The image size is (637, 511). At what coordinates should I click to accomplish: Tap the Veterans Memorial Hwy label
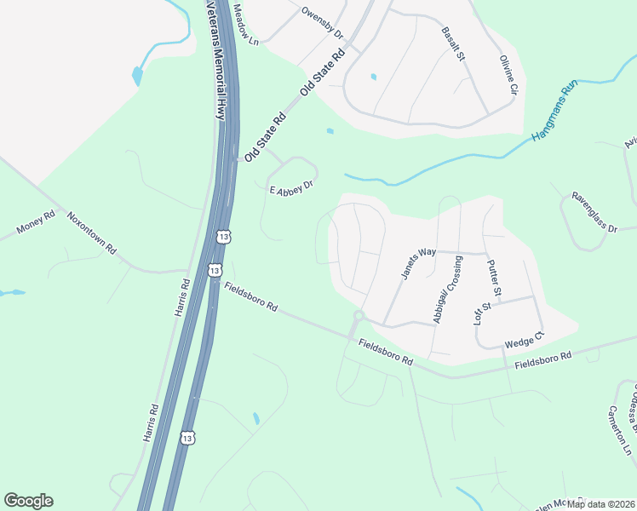click(219, 60)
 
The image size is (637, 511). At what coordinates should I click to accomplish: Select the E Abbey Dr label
click(292, 186)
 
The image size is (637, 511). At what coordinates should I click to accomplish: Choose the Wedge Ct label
click(524, 342)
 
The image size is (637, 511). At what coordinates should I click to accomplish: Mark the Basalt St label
click(453, 44)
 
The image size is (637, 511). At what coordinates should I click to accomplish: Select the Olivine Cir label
click(508, 72)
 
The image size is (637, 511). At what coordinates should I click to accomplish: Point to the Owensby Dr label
click(322, 23)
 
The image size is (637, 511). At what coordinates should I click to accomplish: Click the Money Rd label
click(36, 224)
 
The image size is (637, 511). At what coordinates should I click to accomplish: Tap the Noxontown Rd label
click(92, 230)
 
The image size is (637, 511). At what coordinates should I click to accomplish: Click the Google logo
click(28, 501)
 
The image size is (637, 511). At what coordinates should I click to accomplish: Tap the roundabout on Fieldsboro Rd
click(358, 317)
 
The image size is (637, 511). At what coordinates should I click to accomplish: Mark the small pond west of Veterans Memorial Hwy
click(137, 77)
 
